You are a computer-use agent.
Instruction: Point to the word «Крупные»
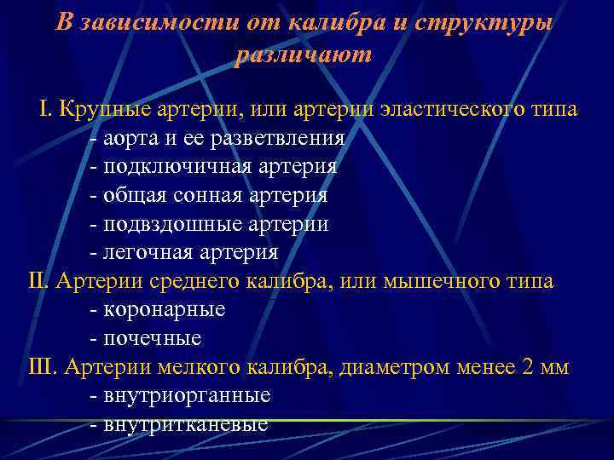pyautogui.click(x=100, y=110)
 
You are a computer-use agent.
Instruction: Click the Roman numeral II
pyautogui.click(x=39, y=281)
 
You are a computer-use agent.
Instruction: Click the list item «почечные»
pyautogui.click(x=152, y=338)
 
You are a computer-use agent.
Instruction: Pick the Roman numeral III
pyautogui.click(x=43, y=367)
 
